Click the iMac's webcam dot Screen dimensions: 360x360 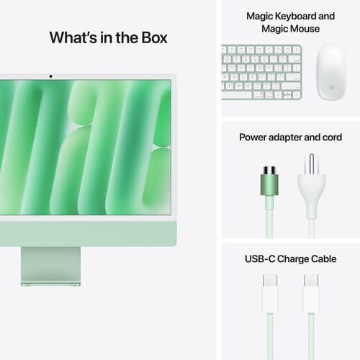(50, 76)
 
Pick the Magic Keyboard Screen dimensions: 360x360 (261, 72)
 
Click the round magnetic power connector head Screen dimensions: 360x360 (271, 176)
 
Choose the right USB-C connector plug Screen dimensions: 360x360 (312, 284)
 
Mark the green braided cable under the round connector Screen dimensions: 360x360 (271, 216)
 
